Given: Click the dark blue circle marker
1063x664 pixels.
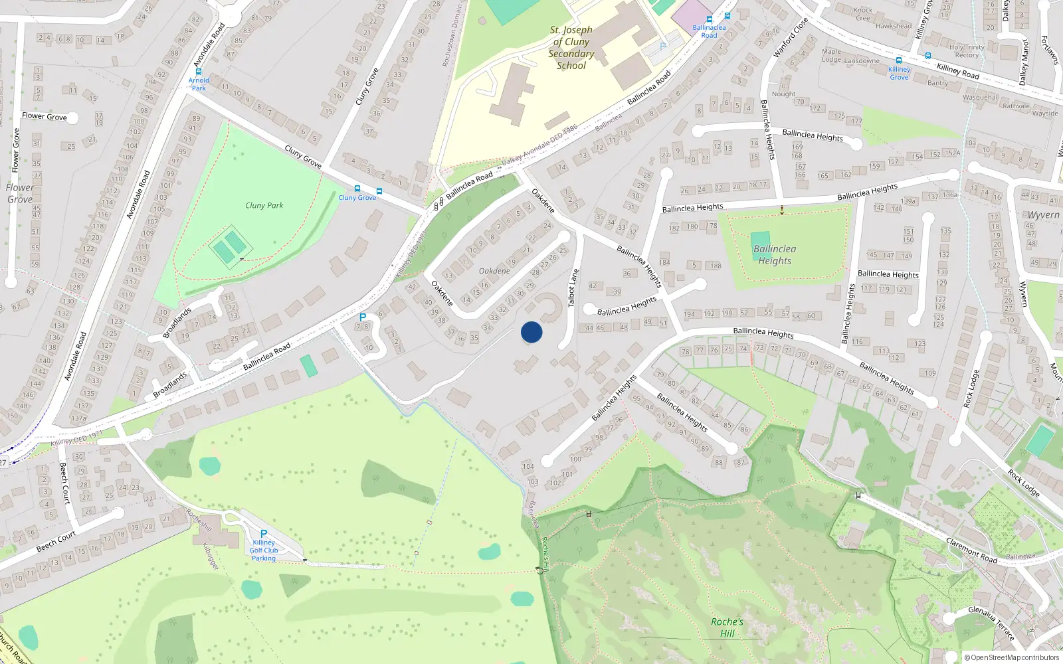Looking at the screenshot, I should [531, 332].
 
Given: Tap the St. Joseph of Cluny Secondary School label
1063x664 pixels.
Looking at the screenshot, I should [571, 48].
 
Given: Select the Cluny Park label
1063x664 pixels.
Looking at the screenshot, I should [264, 206].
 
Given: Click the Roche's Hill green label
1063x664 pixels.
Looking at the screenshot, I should [727, 627].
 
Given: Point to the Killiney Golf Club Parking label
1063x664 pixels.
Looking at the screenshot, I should [264, 550].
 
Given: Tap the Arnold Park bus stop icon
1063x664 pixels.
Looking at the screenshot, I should [198, 71].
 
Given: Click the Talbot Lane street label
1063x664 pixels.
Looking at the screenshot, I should [573, 288].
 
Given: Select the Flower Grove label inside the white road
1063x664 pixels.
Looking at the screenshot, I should [45, 116].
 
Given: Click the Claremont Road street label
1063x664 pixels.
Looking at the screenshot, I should [971, 550].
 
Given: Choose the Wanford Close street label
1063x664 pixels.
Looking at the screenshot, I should [791, 37].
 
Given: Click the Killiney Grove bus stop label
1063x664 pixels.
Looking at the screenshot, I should [899, 73].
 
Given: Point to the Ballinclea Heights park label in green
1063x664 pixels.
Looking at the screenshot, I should [775, 255].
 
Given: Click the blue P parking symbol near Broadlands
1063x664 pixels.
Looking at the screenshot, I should [363, 317].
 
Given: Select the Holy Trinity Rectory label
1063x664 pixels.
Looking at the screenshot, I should [967, 51].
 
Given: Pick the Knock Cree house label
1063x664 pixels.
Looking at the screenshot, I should [863, 14].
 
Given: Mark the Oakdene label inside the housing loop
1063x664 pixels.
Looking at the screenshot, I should [494, 271].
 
